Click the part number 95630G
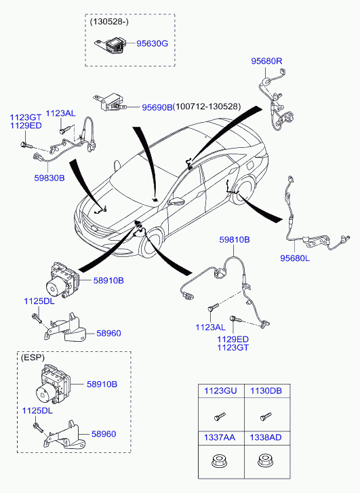[x=152, y=43]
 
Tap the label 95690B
[x=157, y=107]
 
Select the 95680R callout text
[x=266, y=61]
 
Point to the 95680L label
[x=295, y=258]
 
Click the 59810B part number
[x=234, y=239]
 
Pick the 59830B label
[x=49, y=178]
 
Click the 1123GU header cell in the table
[x=220, y=391]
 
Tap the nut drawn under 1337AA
[x=217, y=461]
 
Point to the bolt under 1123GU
[x=220, y=416]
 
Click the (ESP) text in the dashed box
[x=33, y=357]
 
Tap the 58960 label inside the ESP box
[x=104, y=434]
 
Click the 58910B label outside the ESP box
[x=108, y=281]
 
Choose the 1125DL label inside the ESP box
[x=37, y=411]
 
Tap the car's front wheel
[x=153, y=245]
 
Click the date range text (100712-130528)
[x=207, y=107]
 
